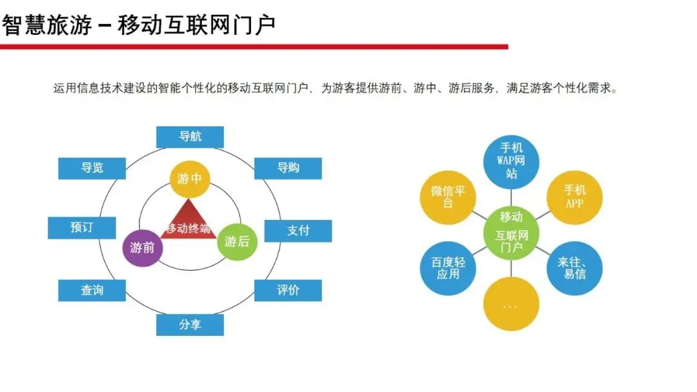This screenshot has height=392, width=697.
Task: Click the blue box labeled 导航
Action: click(x=190, y=137)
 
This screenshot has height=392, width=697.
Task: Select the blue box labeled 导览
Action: click(x=92, y=168)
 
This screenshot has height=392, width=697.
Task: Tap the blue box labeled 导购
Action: click(x=288, y=168)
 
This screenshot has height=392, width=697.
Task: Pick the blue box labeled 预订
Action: click(x=82, y=228)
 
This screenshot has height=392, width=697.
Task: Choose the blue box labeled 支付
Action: click(x=298, y=230)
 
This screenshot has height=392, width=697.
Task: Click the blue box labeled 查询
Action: click(x=92, y=290)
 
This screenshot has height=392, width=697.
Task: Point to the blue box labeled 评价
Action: click(x=288, y=290)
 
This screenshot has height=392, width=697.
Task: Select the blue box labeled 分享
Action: click(x=190, y=324)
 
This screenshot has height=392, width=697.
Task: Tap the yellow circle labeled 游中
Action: click(x=190, y=179)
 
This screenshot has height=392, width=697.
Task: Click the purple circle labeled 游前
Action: click(x=143, y=247)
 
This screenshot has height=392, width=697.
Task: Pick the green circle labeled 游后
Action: click(x=236, y=242)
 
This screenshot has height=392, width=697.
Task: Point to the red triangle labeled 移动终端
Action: click(x=188, y=222)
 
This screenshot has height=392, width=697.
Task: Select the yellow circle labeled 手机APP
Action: click(x=574, y=197)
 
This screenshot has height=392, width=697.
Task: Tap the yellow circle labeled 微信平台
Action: click(x=448, y=197)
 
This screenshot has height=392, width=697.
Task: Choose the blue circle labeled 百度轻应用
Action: click(x=448, y=268)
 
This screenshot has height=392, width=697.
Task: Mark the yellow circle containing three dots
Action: click(x=511, y=304)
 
